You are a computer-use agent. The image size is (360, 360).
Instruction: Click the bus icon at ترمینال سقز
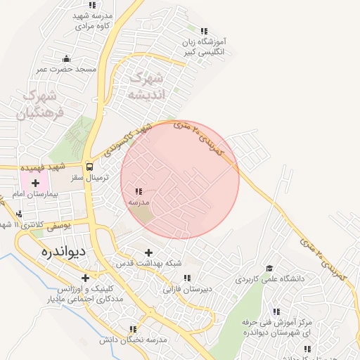click(89, 167)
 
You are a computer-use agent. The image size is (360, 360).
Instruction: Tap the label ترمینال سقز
click(89, 178)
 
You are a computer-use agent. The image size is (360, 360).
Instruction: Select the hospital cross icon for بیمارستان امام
click(34, 183)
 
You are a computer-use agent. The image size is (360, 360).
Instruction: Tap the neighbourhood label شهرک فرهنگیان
click(40, 103)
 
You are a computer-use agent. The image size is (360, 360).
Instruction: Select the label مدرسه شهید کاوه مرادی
click(94, 20)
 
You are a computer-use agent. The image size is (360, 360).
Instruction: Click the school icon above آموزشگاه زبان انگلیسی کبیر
click(204, 31)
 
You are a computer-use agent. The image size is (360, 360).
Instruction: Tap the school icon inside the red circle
click(139, 191)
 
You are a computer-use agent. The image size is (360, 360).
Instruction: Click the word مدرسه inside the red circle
click(139, 202)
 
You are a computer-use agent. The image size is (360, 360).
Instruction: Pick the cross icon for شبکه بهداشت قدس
click(148, 252)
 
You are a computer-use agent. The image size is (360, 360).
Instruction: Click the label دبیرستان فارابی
click(188, 288)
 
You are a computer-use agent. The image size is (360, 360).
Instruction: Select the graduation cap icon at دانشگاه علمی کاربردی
click(269, 268)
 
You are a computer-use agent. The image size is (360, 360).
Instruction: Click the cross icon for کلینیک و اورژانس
click(86, 278)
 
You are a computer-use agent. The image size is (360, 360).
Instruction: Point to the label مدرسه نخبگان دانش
click(133, 340)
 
